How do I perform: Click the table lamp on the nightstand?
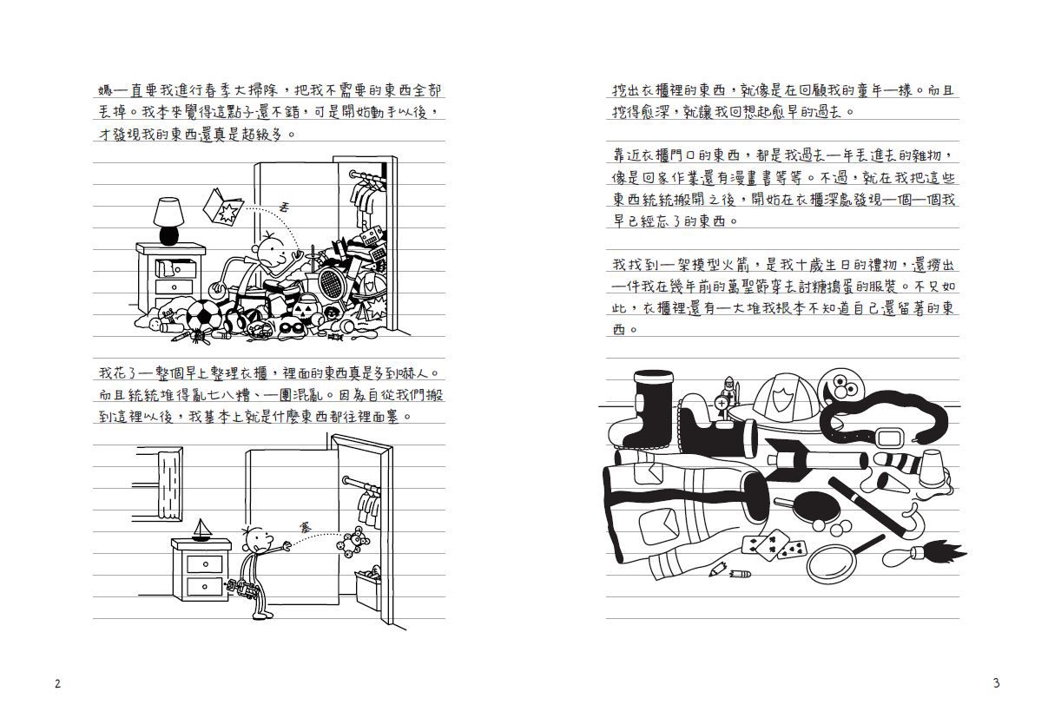click(168, 220)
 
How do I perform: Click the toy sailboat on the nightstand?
click(201, 530)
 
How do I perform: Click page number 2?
click(57, 683)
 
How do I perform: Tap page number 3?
click(996, 683)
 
